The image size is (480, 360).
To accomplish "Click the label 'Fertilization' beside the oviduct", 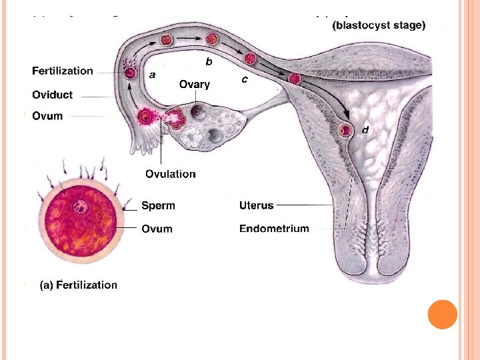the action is [x=63, y=71].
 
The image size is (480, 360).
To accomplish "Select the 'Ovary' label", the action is [x=195, y=85].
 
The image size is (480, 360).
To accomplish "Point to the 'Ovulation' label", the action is [x=171, y=174].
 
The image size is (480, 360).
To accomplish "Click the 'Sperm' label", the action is [x=158, y=206].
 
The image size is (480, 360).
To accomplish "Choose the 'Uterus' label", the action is [x=257, y=206].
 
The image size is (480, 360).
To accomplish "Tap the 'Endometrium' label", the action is [x=274, y=229].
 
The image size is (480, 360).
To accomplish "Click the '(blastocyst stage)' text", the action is [x=379, y=26].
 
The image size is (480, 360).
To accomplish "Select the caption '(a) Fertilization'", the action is [x=79, y=285].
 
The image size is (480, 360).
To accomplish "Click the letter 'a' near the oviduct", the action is [x=153, y=75].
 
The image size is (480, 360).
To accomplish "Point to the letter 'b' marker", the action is [x=209, y=62].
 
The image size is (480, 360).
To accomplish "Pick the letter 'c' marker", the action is [x=245, y=79].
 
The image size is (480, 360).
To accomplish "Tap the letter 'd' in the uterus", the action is [x=365, y=129].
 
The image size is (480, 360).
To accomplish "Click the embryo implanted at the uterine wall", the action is [x=345, y=130].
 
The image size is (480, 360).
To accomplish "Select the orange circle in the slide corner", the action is [x=443, y=315].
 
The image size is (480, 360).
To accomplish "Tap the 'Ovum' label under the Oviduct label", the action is [x=47, y=116].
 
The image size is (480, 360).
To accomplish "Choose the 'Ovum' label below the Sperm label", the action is [x=157, y=229].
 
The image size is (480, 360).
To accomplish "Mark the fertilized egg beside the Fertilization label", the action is [x=129, y=73].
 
